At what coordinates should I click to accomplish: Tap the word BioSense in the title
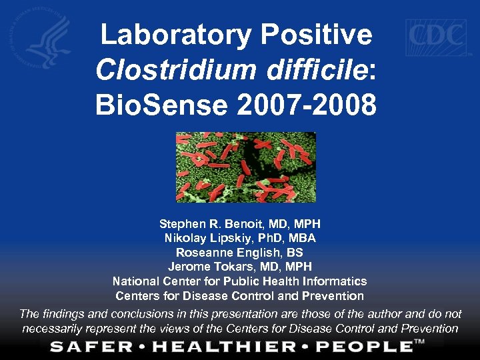coord(160,105)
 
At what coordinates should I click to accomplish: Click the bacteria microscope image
coord(245,167)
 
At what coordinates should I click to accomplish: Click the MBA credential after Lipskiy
coord(302,238)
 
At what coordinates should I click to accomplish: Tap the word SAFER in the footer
coord(86,346)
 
